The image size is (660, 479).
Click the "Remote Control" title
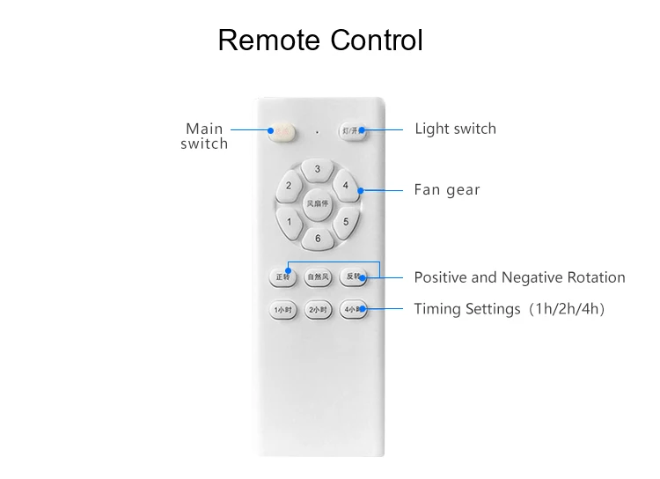tap(320, 41)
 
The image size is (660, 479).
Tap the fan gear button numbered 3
tap(317, 169)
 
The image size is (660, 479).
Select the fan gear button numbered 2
tap(289, 186)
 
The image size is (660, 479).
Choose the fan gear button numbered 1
tap(289, 221)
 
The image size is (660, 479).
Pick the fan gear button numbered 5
tap(346, 221)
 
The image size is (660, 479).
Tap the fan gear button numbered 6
tap(317, 238)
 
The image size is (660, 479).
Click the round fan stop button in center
tap(317, 203)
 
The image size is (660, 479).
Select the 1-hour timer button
tap(282, 310)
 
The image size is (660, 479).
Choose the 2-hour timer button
tap(317, 310)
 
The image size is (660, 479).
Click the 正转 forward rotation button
tap(282, 277)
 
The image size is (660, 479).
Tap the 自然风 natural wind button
tap(317, 277)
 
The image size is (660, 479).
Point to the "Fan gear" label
tap(447, 189)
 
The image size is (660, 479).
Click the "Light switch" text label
tap(455, 129)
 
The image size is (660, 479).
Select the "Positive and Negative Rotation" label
tap(519, 277)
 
